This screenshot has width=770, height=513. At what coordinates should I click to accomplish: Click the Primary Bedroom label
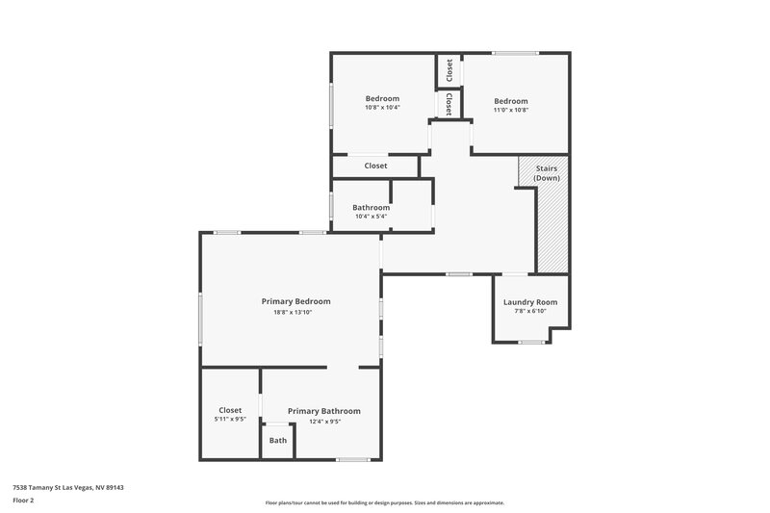tap(295, 301)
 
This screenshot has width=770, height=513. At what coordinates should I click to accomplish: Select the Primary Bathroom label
tap(323, 411)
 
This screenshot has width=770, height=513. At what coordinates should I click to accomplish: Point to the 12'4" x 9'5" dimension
tap(323, 422)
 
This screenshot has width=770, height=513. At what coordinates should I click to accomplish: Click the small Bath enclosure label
tap(277, 441)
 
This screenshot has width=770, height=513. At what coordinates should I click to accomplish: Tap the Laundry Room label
tap(529, 302)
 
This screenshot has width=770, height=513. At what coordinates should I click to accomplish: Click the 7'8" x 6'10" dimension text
tap(529, 312)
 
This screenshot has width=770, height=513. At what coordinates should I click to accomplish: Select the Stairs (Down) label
tap(546, 173)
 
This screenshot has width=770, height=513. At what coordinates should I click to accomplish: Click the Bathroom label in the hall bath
tap(371, 208)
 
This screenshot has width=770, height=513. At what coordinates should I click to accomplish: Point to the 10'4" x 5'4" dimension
tap(371, 217)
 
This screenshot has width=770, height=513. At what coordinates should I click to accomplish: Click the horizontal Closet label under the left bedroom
tap(375, 166)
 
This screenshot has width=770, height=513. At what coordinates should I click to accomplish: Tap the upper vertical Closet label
tap(449, 69)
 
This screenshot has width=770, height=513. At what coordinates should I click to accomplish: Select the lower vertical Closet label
tap(449, 103)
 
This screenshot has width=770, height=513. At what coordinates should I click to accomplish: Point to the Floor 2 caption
tap(24, 500)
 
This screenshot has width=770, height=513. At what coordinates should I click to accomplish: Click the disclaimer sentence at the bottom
tap(384, 502)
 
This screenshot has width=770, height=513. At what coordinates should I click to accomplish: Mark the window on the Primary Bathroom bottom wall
tap(352, 459)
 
